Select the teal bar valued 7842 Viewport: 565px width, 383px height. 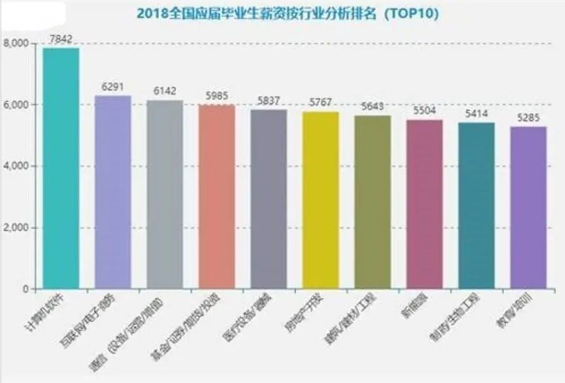[60, 168]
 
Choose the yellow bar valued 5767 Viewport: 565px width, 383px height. [321, 200]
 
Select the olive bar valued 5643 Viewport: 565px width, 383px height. [372, 202]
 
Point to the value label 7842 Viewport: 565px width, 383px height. [60, 39]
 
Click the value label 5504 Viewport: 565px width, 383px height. [425, 110]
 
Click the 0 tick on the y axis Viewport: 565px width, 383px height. [25, 289]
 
